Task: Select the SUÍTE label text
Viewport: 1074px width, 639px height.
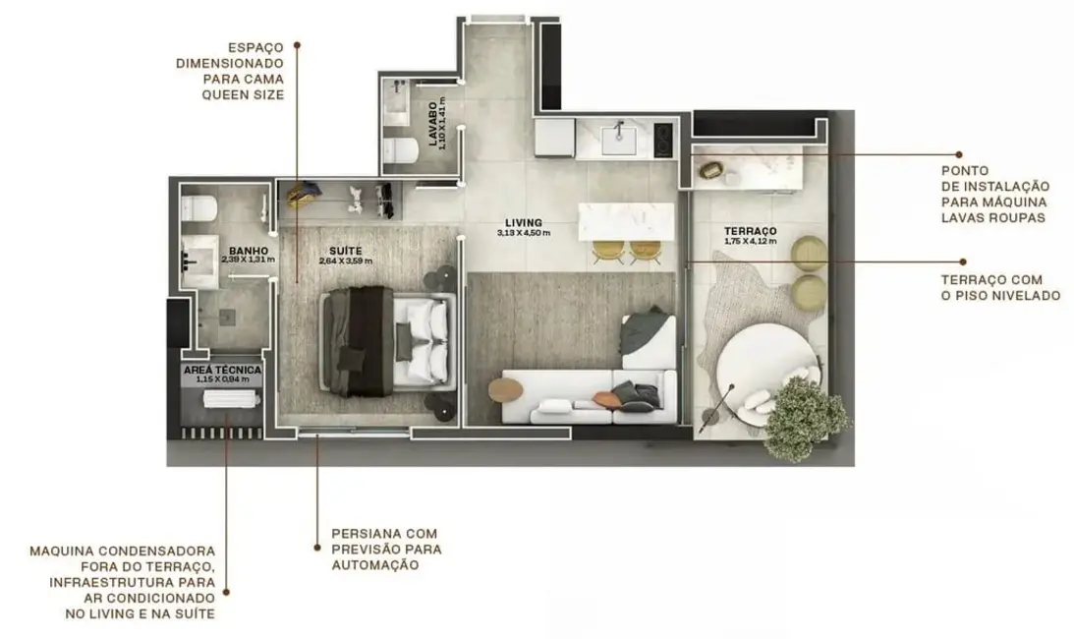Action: pos(346,251)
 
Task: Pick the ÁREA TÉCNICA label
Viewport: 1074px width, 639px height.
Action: pos(222,370)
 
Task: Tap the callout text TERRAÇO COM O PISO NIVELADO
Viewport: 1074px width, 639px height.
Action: pos(998,287)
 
